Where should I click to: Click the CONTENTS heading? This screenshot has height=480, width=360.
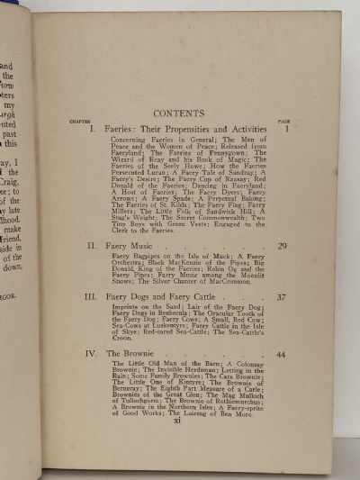click(x=179, y=113)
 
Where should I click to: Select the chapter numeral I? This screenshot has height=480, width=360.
click(x=93, y=130)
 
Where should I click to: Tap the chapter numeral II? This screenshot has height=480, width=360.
click(x=92, y=245)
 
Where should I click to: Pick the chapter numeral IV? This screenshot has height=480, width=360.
click(x=92, y=354)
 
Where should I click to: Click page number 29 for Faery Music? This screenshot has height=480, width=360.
click(x=281, y=245)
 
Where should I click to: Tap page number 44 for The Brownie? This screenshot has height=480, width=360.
click(x=281, y=355)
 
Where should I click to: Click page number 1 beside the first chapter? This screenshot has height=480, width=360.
click(x=284, y=130)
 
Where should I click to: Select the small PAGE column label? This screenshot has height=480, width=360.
click(x=282, y=121)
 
